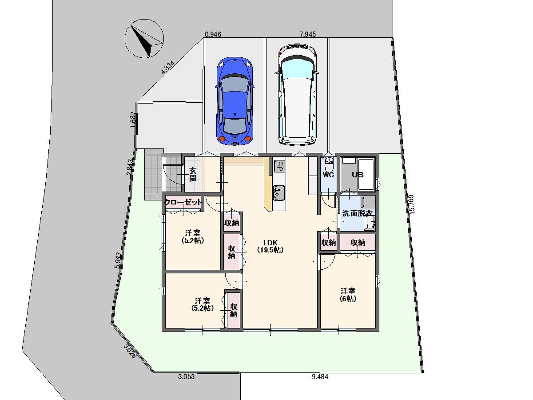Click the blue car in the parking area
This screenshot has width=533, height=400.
(x=235, y=101)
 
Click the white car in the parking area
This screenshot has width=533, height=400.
(x=297, y=95)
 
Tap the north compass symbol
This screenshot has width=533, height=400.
(x=144, y=39)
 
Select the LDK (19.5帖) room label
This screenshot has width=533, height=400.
(x=270, y=246)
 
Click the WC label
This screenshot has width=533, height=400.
(x=328, y=175)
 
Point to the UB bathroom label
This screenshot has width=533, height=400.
(x=358, y=175)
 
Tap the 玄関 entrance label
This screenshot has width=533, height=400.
(x=193, y=174)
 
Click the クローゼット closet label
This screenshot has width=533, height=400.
(x=183, y=202)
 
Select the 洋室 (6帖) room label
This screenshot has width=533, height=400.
(x=348, y=295)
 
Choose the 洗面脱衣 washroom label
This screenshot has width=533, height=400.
(x=357, y=213)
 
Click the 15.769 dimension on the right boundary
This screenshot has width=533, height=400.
(x=411, y=204)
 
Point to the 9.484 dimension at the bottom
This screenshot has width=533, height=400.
(x=320, y=377)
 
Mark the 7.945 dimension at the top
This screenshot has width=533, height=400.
(x=308, y=34)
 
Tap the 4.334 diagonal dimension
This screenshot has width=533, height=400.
(x=168, y=67)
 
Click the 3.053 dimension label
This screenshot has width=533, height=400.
(x=186, y=377)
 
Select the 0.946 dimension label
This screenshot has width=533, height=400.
(x=213, y=34)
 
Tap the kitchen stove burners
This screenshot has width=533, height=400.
(x=279, y=166)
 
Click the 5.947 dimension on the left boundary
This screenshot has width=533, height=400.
(x=118, y=260)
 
